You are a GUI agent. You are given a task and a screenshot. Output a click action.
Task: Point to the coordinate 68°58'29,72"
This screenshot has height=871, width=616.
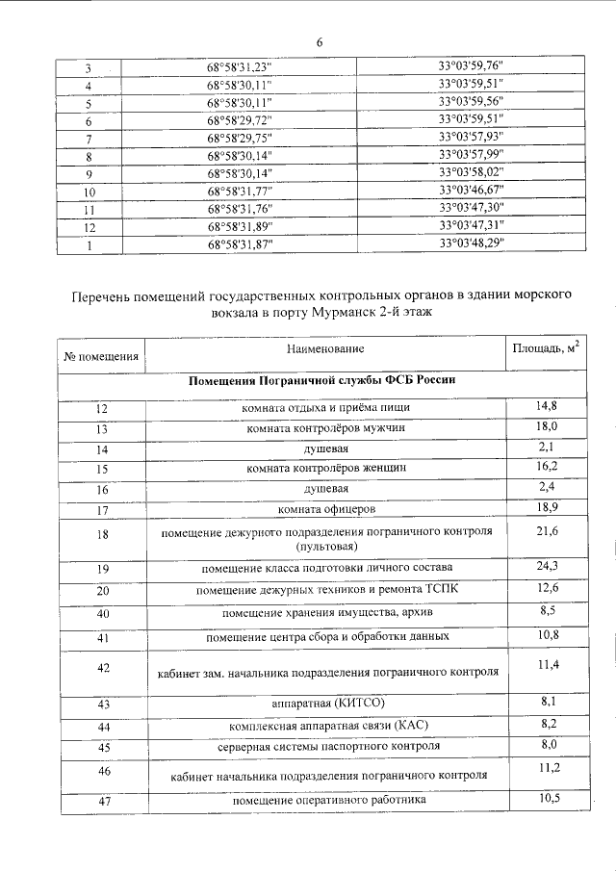240,121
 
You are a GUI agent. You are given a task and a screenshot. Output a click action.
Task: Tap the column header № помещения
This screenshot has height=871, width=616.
101,356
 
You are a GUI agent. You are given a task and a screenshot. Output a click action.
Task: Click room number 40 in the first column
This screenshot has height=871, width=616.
103,614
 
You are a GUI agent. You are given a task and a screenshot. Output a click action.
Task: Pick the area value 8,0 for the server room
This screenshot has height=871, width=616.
547,744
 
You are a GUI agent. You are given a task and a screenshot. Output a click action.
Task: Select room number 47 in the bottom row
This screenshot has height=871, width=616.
103,801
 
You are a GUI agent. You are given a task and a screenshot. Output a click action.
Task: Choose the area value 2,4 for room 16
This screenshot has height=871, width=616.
547,485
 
